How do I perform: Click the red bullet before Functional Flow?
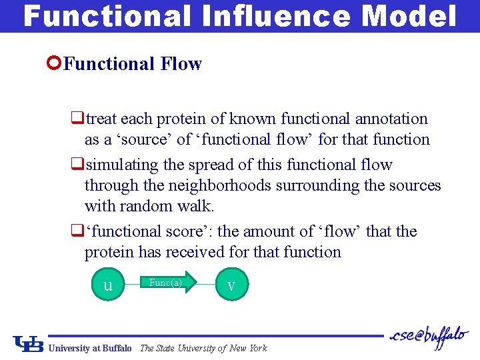click(x=55, y=63)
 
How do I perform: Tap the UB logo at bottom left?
click(x=29, y=344)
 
